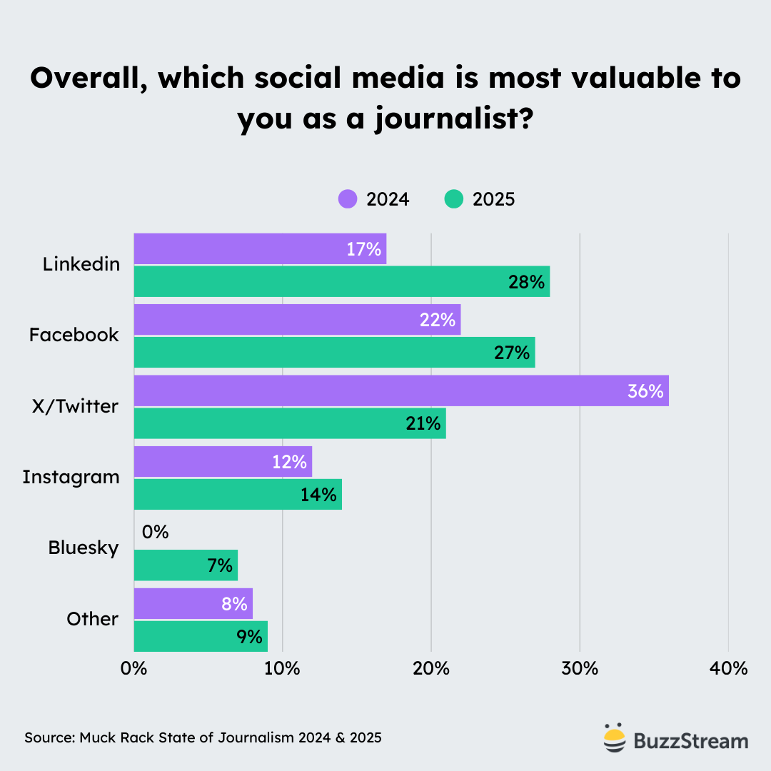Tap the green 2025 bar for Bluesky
(186, 565)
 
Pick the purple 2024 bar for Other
(193, 603)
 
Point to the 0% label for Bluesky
(155, 532)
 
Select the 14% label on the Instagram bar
(318, 494)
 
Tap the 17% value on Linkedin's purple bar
(364, 249)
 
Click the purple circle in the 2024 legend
(348, 199)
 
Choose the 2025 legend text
(493, 199)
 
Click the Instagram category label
(71, 477)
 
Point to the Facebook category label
(74, 335)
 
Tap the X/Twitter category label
(74, 406)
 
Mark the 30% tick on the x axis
(580, 669)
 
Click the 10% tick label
(283, 669)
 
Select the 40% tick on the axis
(728, 669)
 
